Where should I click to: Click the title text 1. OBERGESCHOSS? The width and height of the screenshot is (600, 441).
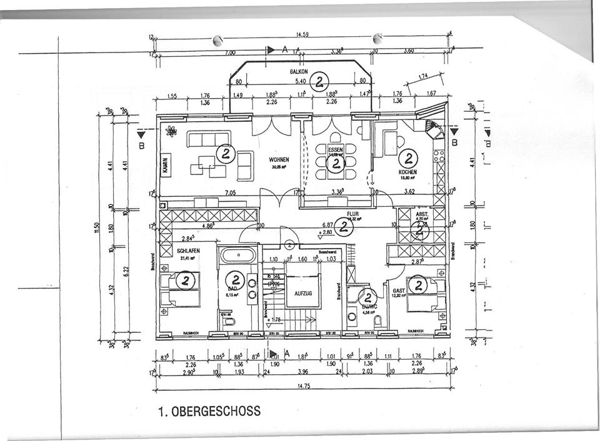coord(209,412)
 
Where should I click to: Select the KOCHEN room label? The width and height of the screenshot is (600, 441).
coord(407,172)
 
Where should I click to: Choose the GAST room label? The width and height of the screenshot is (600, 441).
coord(399,290)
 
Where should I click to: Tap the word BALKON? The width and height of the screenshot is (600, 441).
coord(299,72)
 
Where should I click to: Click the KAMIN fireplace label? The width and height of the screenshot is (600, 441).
coord(166,165)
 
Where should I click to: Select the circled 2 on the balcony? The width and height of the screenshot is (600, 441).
coord(320,81)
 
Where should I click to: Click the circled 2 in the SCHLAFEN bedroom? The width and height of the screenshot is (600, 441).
coord(185,281)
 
